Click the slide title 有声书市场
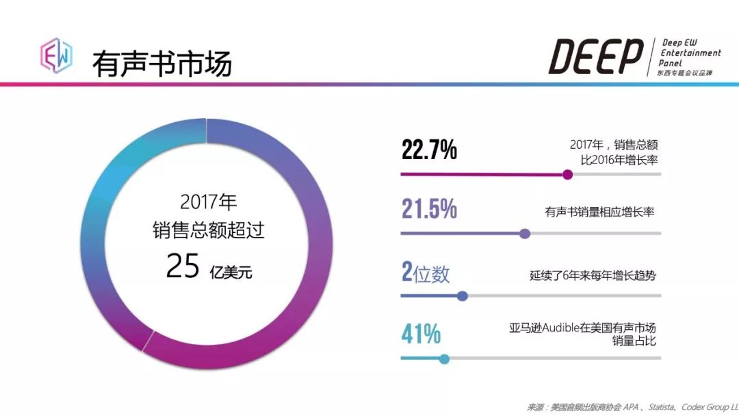click(x=162, y=64)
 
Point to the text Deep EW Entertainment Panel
click(x=690, y=53)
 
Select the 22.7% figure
click(x=429, y=150)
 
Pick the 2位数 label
click(x=426, y=273)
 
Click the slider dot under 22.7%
click(x=567, y=174)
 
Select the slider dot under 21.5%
click(x=525, y=234)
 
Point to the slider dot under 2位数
click(x=462, y=296)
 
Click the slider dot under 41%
click(x=444, y=359)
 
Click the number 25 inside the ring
click(x=183, y=266)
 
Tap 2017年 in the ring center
click(x=208, y=202)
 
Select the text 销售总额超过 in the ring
click(x=208, y=231)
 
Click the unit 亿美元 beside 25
click(x=231, y=272)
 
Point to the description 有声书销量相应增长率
click(x=599, y=212)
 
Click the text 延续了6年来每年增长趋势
click(x=593, y=276)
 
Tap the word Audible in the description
click(x=560, y=328)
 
